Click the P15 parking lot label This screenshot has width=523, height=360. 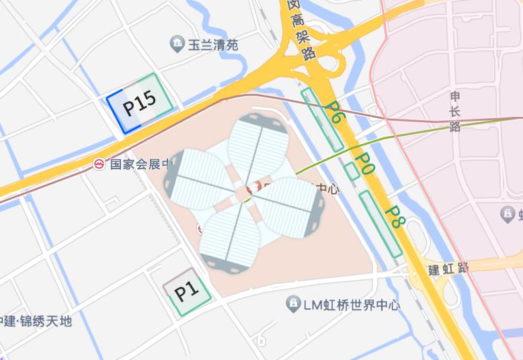139,102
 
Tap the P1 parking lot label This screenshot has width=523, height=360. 186,291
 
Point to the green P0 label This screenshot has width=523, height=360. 364,164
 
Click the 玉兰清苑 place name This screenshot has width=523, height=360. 213,46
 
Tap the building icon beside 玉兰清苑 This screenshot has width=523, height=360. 177,45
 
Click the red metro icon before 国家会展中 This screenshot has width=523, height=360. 99,163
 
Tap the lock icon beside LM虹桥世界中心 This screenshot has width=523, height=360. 292,304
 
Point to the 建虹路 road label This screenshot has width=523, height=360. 448,269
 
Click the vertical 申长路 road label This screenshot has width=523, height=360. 455,111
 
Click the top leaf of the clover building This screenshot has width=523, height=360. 259,144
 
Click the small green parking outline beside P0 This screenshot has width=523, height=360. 352,171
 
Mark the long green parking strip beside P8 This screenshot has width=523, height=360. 380,224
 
